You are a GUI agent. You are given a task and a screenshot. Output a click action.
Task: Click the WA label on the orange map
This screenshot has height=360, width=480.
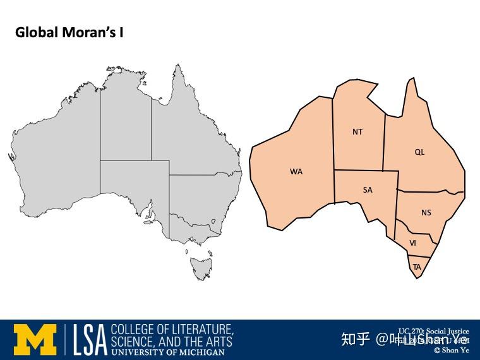pos(296,171)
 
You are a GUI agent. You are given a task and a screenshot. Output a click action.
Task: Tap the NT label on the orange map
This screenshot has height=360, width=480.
pos(357,132)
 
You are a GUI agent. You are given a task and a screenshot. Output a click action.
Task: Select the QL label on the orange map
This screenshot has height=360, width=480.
pos(419,152)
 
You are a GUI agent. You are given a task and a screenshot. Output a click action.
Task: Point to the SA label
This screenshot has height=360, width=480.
pos(368,190)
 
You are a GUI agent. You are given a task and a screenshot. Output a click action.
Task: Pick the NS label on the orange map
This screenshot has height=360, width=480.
pos(426,213)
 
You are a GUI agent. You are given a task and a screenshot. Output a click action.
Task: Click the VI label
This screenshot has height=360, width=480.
pos(412,243)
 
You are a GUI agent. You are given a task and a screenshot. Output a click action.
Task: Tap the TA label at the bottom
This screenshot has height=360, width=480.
pos(417,267)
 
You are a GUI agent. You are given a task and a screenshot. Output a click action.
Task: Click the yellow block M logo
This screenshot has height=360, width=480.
pos(35,340)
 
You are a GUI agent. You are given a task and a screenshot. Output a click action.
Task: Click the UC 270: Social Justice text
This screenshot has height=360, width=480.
pos(433,331)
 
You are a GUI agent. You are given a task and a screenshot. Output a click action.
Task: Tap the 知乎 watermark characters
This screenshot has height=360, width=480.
pos(355,339)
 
